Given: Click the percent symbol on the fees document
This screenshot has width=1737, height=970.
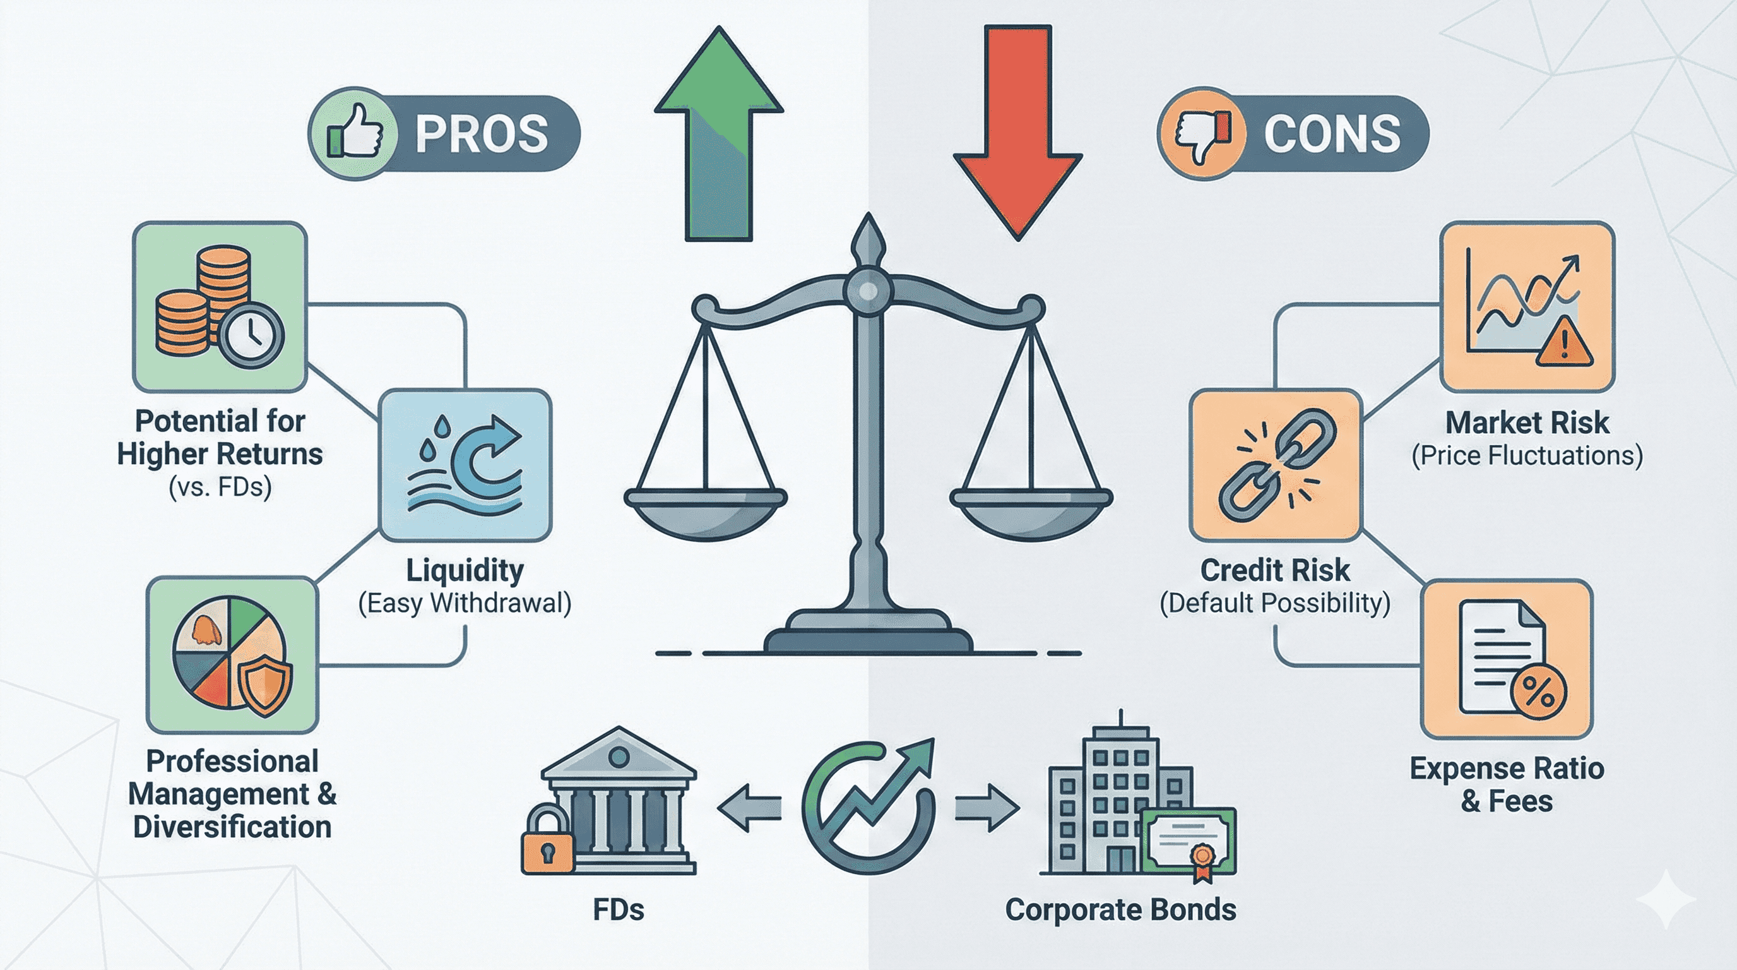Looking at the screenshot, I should pos(1539,691).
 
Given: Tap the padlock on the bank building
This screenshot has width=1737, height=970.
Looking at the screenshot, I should pos(546,844).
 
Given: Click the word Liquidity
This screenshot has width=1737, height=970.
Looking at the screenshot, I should pos(465,571).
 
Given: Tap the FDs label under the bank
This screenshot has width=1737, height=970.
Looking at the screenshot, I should pos(619,909).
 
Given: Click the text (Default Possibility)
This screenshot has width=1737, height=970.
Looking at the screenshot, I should pos(1274,602).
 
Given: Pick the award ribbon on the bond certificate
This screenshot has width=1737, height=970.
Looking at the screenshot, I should pos(1202,860).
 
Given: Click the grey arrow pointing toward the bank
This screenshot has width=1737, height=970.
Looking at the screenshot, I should pos(749,807).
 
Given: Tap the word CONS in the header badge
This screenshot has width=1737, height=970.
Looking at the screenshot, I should pos(1332,133).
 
